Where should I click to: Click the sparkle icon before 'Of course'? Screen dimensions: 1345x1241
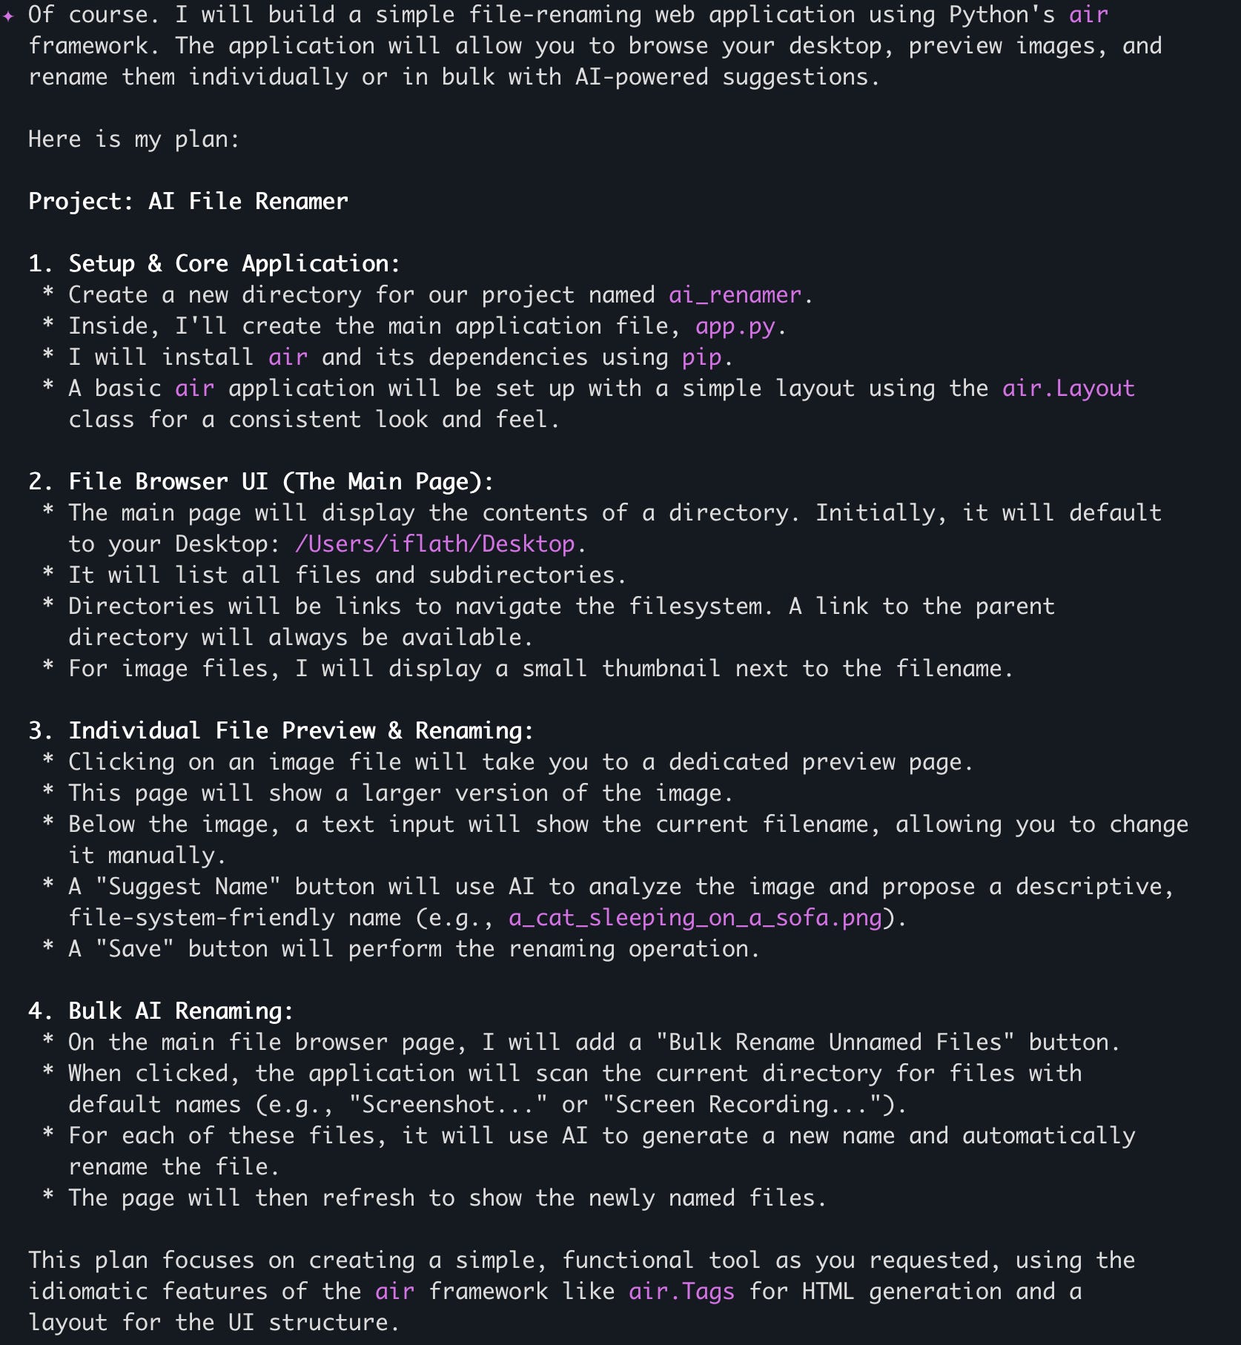point(8,16)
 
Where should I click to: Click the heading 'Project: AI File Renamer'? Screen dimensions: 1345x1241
point(188,202)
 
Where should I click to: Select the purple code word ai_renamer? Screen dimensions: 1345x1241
point(735,295)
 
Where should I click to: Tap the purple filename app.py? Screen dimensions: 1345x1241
point(735,326)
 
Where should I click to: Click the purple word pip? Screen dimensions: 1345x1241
point(701,357)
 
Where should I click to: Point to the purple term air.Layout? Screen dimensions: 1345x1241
point(1068,389)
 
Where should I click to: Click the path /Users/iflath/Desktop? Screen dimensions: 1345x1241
point(435,544)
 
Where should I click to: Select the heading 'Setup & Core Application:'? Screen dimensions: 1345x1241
point(234,264)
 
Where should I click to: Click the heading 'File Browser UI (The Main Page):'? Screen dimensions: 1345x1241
point(281,482)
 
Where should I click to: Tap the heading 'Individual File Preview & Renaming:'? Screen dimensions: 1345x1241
point(301,731)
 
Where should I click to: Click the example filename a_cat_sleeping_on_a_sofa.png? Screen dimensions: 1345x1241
point(695,918)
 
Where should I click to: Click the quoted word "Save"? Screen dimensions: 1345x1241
point(135,949)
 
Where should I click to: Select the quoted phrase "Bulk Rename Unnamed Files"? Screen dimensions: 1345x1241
point(835,1042)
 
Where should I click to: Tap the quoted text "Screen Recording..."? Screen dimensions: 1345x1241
point(749,1105)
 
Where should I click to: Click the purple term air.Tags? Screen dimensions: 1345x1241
point(681,1292)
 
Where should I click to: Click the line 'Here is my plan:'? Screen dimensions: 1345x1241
point(134,139)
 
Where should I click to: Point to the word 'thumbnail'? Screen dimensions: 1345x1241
point(661,669)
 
